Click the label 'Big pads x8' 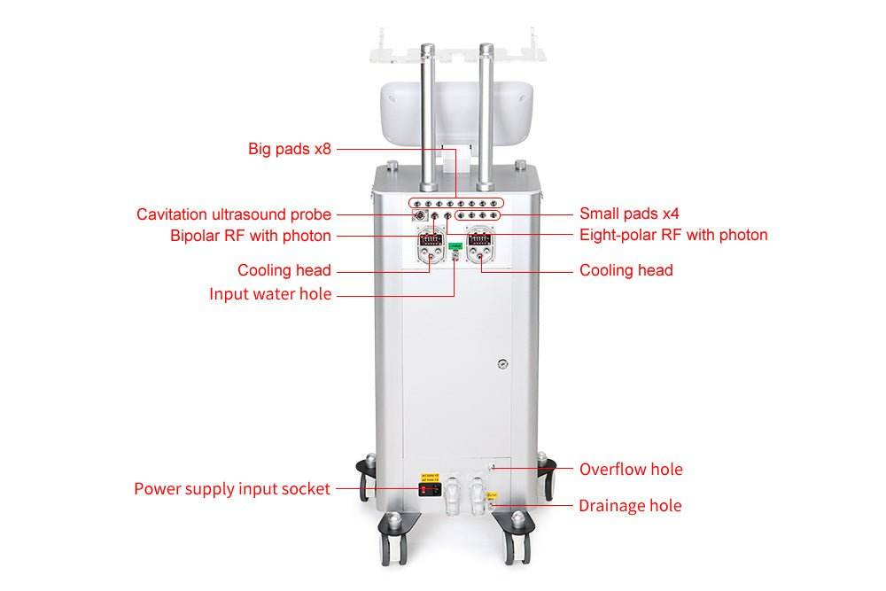(x=290, y=149)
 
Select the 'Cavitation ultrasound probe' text (x=233, y=214)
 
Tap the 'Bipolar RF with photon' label (x=251, y=236)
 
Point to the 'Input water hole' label (x=270, y=294)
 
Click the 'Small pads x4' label (x=629, y=214)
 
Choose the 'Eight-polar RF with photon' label (x=673, y=235)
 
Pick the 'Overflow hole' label (x=631, y=469)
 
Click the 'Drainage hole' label (x=630, y=505)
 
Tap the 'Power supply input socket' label (x=231, y=489)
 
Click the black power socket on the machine (x=430, y=489)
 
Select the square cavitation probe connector (x=419, y=215)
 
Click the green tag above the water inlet (x=455, y=246)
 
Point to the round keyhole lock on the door (x=502, y=364)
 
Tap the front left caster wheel (x=393, y=540)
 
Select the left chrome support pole (x=428, y=118)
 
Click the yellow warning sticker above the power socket (x=430, y=477)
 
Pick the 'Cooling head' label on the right (x=626, y=270)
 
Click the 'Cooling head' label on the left (x=284, y=270)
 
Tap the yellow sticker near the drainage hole (x=493, y=496)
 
